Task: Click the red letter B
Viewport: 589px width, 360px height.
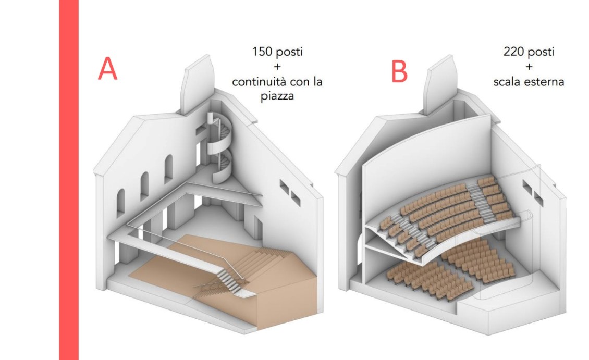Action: (399, 71)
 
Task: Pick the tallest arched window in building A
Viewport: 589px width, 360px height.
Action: (169, 168)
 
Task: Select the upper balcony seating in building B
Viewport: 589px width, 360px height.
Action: (443, 214)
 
